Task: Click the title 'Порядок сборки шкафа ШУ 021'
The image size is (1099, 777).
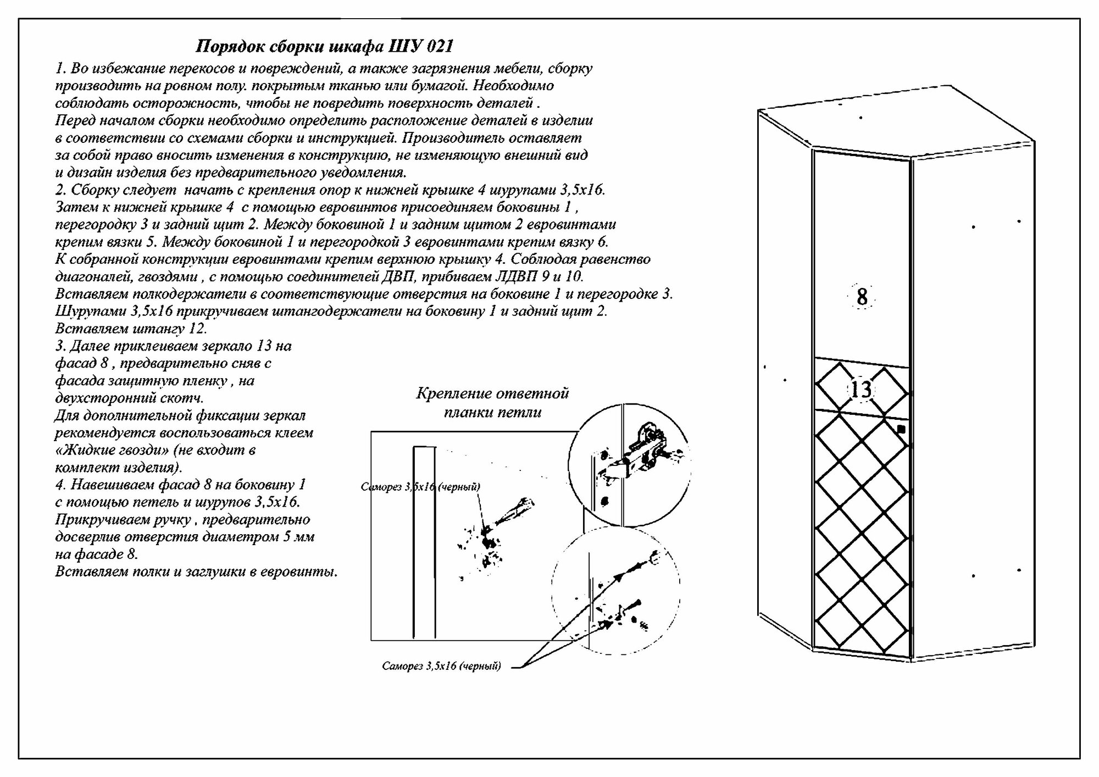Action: pyautogui.click(x=324, y=46)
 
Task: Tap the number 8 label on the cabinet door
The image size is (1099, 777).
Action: pyautogui.click(x=862, y=297)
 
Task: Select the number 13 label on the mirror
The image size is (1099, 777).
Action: pyautogui.click(x=861, y=390)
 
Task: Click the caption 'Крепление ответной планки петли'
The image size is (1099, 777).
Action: pyautogui.click(x=492, y=403)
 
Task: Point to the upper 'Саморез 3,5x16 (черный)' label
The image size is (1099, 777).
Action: pyautogui.click(x=420, y=487)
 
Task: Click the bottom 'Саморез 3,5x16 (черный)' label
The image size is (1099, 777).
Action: pyautogui.click(x=441, y=667)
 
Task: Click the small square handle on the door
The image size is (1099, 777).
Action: pyautogui.click(x=901, y=430)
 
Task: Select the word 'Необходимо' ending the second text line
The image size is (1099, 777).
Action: pyautogui.click(x=513, y=86)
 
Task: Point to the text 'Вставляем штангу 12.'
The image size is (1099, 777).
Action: pyautogui.click(x=131, y=329)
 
